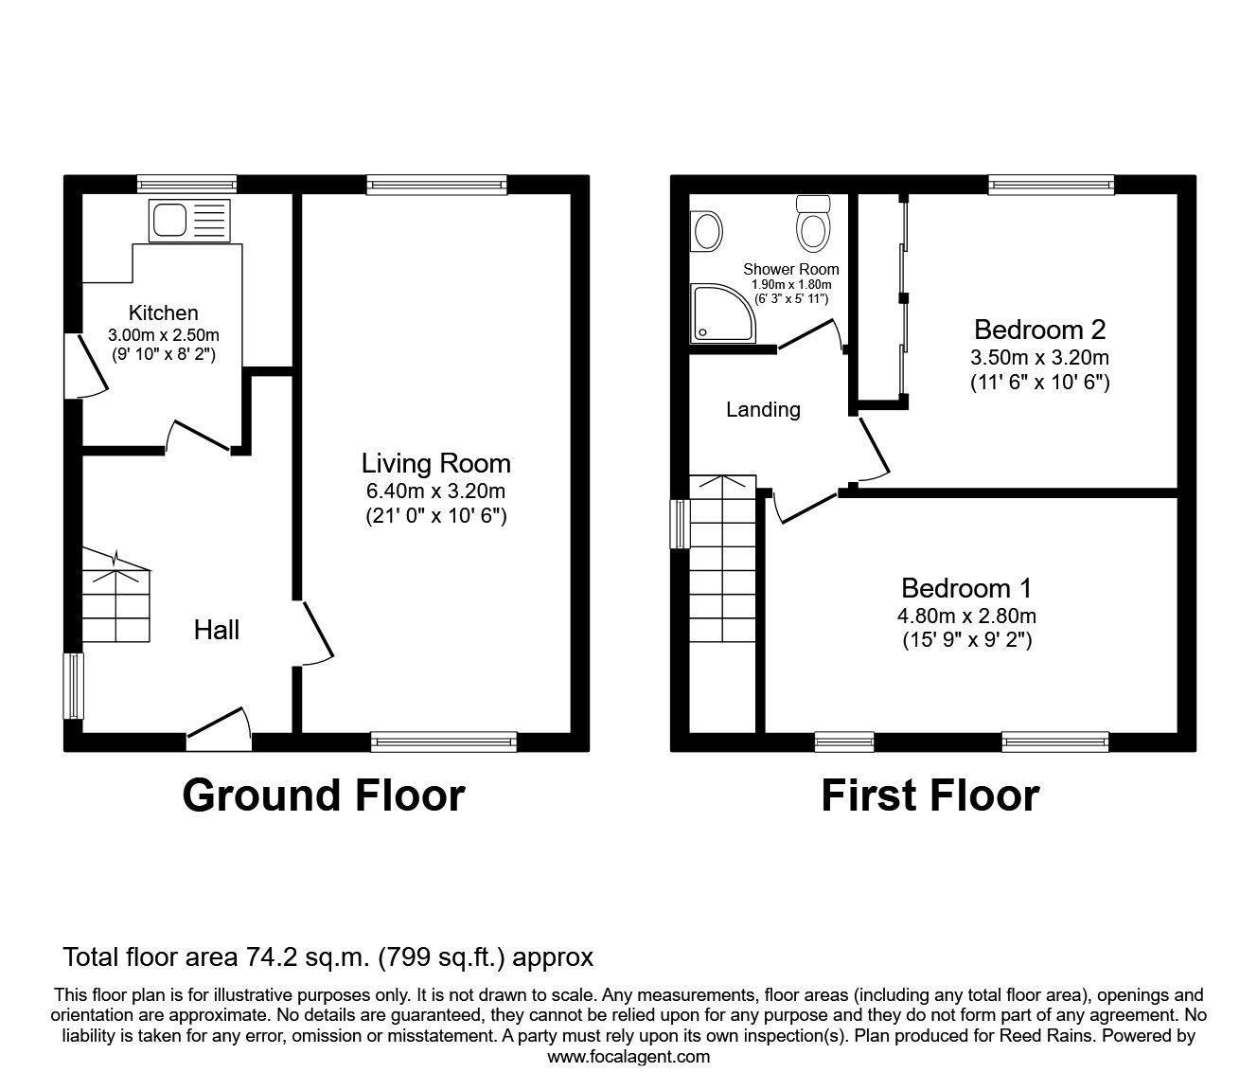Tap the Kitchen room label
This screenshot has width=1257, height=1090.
coord(164,313)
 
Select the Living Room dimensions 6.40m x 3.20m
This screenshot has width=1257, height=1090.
coord(435,491)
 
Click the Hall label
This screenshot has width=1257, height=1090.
coord(217,630)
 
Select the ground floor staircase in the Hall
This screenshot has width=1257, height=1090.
coord(115,602)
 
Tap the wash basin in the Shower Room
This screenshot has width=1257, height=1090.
coord(706,230)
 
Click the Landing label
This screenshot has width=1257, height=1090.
coord(763,409)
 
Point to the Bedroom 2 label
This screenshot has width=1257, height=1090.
coord(1039,330)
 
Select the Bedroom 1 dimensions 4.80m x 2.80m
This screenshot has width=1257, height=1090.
coord(965,616)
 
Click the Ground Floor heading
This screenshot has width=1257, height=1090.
coord(324,795)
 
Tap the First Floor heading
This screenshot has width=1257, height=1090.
coord(929,795)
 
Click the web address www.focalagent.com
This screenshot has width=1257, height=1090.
coord(628,1057)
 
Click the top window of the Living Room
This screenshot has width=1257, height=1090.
coord(436,185)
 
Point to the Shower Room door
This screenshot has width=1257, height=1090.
coord(810,336)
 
